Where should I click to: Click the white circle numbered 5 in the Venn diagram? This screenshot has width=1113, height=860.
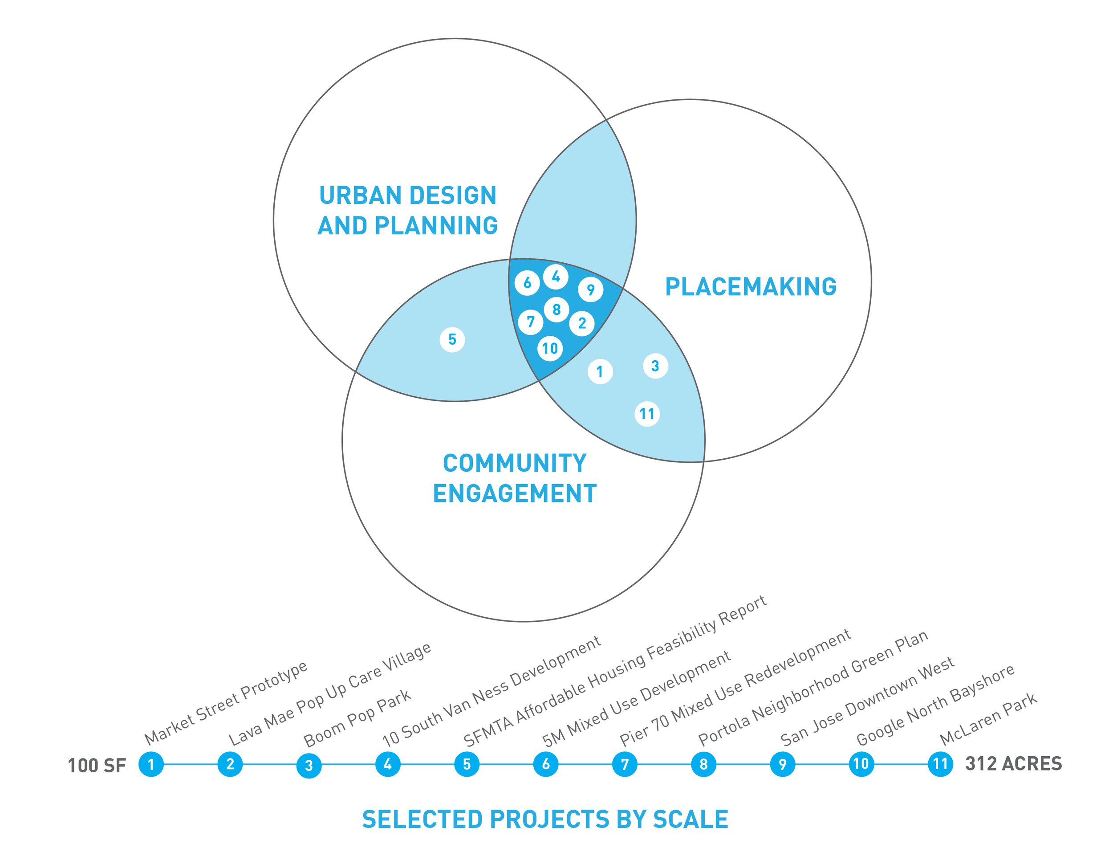point(452,339)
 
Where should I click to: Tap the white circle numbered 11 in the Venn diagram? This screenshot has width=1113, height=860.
point(647,414)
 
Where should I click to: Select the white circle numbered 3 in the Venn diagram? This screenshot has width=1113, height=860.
point(655,366)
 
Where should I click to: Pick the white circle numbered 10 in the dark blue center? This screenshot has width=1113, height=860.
point(550,349)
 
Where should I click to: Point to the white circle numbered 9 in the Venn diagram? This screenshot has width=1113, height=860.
point(591,289)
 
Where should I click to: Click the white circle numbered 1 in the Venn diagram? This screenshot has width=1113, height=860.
point(600,371)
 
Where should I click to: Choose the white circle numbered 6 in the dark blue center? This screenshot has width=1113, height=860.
point(527,282)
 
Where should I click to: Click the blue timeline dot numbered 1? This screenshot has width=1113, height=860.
point(151,764)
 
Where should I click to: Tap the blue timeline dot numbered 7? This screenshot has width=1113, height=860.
point(625,764)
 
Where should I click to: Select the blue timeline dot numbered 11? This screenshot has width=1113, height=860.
point(940,764)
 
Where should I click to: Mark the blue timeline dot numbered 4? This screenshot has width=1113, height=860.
point(388,764)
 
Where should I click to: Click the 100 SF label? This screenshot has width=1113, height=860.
point(97,765)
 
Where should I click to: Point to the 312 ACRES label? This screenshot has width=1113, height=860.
point(1014,764)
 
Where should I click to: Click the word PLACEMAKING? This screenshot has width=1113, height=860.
point(751,287)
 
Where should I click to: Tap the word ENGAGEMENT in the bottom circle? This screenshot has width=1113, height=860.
point(515,493)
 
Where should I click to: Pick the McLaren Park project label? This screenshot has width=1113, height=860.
point(988,718)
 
